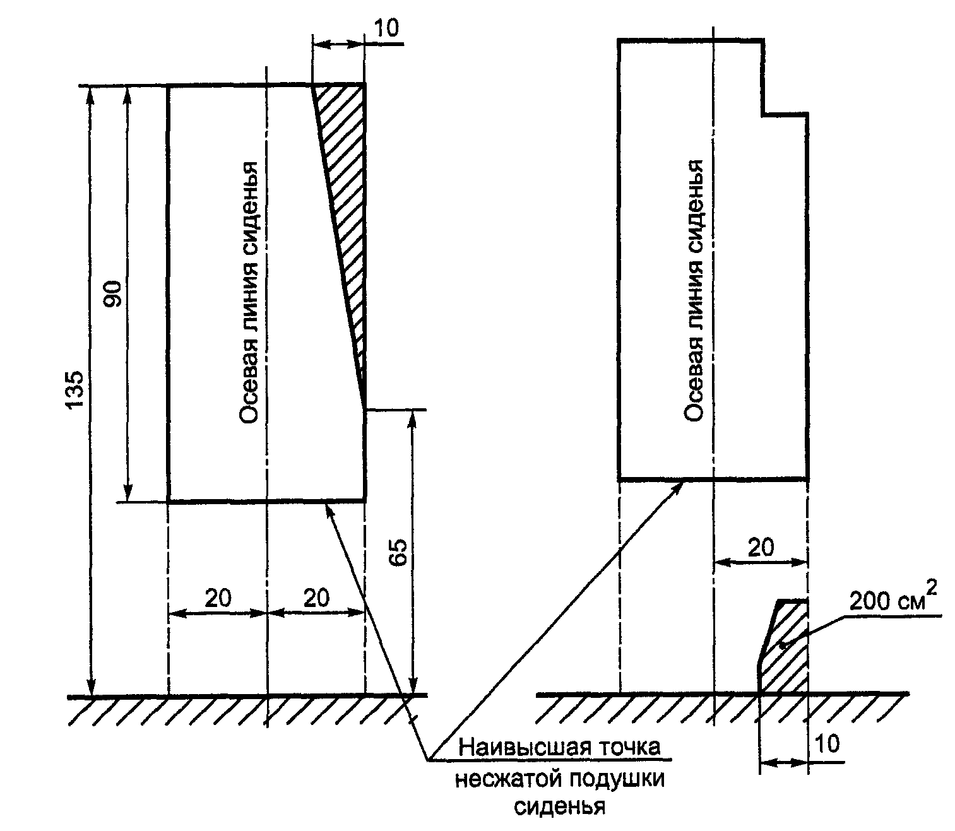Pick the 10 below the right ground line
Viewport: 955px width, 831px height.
[827, 745]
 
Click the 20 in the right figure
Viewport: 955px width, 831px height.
[760, 547]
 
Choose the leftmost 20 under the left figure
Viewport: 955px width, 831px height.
[218, 598]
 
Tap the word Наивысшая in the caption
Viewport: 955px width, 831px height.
[519, 748]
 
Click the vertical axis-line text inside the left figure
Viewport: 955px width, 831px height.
[249, 293]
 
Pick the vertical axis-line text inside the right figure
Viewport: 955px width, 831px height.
[694, 290]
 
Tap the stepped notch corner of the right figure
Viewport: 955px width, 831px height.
[763, 114]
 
